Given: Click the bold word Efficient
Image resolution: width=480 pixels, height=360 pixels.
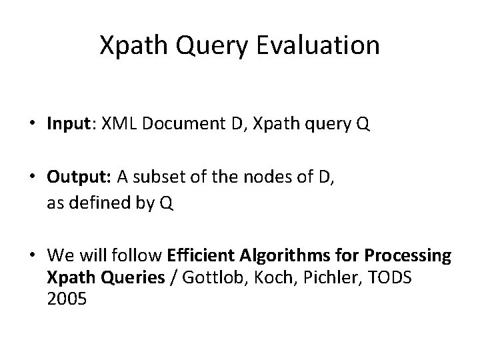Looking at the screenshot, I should [x=197, y=255].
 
